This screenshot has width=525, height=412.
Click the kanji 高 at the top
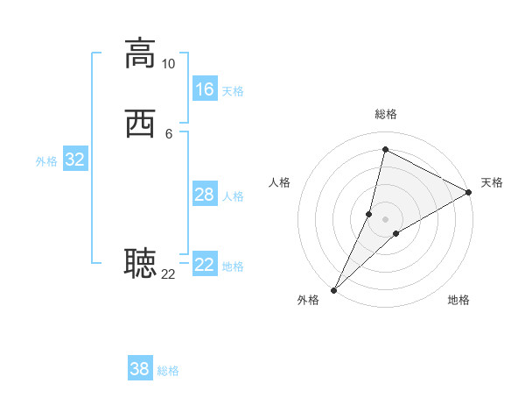(x=140, y=53)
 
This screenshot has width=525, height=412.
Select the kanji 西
(x=140, y=124)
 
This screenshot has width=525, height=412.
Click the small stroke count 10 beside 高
(x=168, y=64)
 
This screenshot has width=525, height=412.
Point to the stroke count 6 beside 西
(x=168, y=133)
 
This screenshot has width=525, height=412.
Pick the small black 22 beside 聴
(x=168, y=273)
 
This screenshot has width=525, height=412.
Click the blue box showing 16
(x=205, y=89)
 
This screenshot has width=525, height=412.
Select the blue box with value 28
(x=205, y=195)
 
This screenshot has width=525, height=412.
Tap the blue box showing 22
(x=205, y=265)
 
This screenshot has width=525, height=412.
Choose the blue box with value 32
(x=74, y=160)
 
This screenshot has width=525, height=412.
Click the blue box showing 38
(x=140, y=369)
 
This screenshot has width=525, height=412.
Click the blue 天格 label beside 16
(x=233, y=91)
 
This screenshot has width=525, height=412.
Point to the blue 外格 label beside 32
(x=46, y=161)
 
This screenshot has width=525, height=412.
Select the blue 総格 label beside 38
(x=168, y=371)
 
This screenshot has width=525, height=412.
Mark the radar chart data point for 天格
(x=469, y=193)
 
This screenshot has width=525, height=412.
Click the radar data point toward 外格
(x=333, y=289)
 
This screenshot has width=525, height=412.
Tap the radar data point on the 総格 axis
(x=385, y=150)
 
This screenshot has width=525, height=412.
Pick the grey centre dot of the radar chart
(x=385, y=219)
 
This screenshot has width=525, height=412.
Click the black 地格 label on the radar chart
(x=458, y=300)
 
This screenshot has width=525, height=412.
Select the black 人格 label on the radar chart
(x=279, y=182)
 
